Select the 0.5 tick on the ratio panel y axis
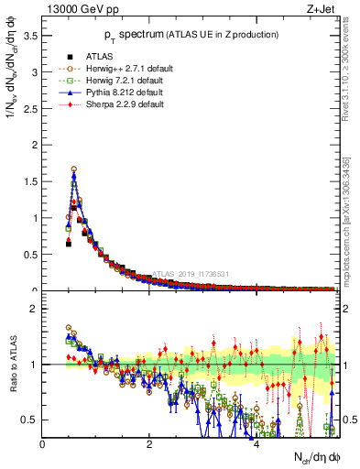pos(31,420)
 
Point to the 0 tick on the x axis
pos(43,444)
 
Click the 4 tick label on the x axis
pos(256,444)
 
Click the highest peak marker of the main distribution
pos(73,169)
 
